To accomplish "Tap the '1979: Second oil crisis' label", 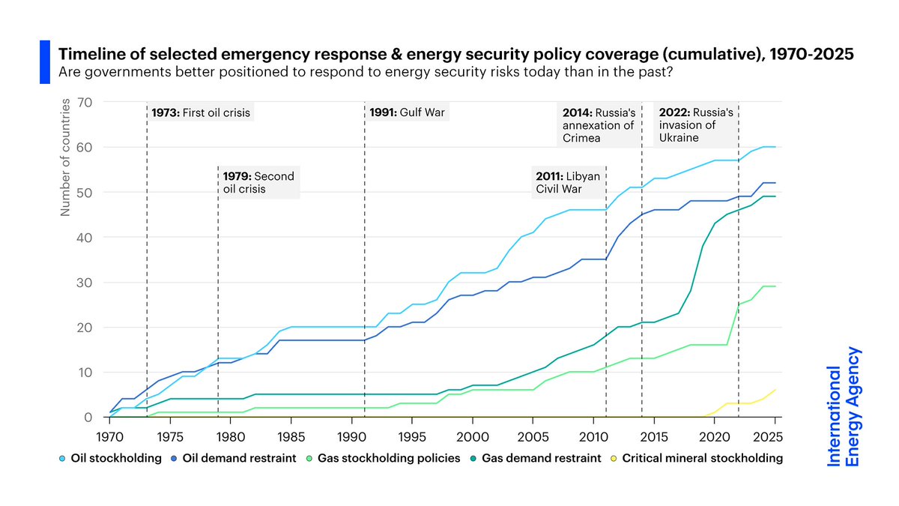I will coord(258,183).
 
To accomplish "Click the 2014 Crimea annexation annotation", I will coord(599,125).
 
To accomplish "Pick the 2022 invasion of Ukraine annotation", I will coord(695,125).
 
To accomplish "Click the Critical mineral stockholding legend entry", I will coord(697,458).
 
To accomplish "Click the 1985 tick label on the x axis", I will coord(291,434).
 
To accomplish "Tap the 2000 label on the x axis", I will coord(472,434).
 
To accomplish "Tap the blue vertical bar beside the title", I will coord(44,62).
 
